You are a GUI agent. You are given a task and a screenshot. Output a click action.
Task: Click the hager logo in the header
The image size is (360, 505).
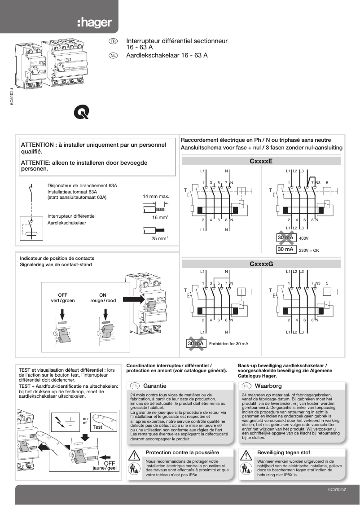[x=93, y=22]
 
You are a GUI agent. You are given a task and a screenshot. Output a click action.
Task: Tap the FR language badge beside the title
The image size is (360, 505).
[x=114, y=41]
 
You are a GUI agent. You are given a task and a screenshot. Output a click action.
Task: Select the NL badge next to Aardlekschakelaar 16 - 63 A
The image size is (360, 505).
[x=114, y=56]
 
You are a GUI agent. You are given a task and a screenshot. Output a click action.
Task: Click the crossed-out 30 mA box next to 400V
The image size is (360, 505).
[x=285, y=237]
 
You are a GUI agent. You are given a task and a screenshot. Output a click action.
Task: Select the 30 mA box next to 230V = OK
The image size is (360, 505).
[x=285, y=249]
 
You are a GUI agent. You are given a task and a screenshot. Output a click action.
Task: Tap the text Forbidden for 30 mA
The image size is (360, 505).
[x=228, y=343]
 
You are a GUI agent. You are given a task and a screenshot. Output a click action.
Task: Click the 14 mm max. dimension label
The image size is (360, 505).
[x=156, y=196]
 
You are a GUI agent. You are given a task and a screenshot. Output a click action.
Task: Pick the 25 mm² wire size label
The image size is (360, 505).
[x=160, y=238]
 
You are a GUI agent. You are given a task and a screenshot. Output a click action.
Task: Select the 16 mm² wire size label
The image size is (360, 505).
[x=160, y=217]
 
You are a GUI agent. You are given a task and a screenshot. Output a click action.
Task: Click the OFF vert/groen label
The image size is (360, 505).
[x=63, y=298]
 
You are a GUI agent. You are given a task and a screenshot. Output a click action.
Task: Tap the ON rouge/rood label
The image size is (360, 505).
[x=102, y=298]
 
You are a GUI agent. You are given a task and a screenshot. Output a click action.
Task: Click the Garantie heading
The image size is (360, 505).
[x=154, y=386]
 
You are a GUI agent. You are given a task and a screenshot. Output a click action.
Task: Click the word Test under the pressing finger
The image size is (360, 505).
[x=97, y=427]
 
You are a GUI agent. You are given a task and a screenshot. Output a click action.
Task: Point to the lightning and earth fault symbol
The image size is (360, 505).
[x=65, y=422]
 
